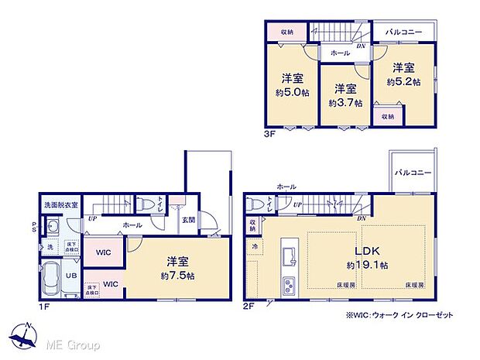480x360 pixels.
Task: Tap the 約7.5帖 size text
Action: pos(177,275)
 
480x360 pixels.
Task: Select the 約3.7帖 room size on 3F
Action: pos(341,102)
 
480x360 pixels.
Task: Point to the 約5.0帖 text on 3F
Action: pos(291,91)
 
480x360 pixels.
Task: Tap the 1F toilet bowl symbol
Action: pos(148,205)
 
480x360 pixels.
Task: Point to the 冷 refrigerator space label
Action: pos(255,245)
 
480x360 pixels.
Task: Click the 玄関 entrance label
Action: pos(189,220)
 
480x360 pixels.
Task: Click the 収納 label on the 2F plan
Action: pos(253,225)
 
